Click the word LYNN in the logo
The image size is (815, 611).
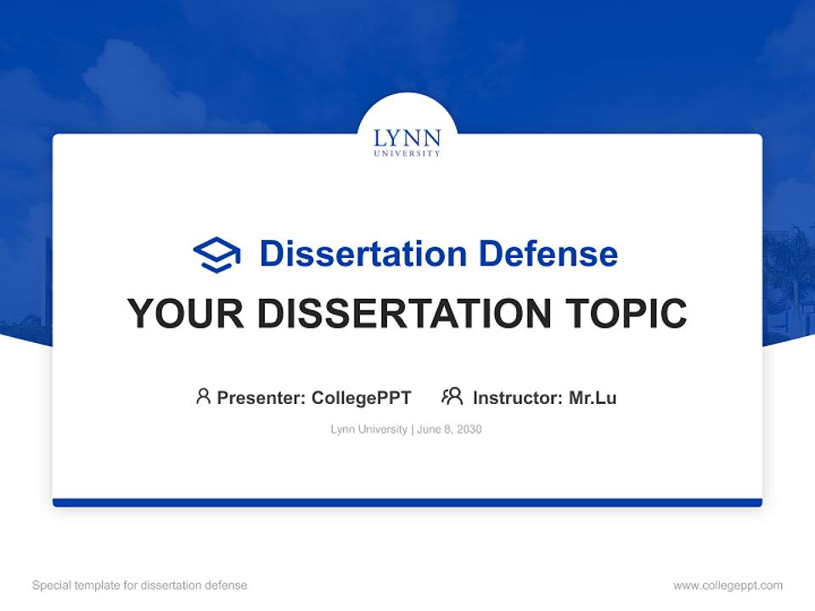pyautogui.click(x=407, y=138)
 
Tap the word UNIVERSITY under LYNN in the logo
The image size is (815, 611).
pyautogui.click(x=407, y=154)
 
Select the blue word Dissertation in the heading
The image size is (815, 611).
pyautogui.click(x=363, y=254)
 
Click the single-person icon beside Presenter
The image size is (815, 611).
pyautogui.click(x=203, y=396)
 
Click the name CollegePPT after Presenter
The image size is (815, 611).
pyautogui.click(x=362, y=397)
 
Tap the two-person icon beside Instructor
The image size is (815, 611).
pyautogui.click(x=452, y=396)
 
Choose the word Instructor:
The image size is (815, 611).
pyautogui.click(x=518, y=397)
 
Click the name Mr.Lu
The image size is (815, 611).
pyautogui.click(x=593, y=397)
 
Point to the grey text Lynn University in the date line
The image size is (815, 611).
pyautogui.click(x=369, y=429)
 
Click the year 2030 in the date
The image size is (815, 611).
pyautogui.click(x=469, y=429)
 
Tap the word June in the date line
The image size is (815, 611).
pyautogui.click(x=430, y=429)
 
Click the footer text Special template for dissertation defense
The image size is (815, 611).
pyautogui.click(x=140, y=586)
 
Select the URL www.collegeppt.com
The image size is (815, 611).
pyautogui.click(x=728, y=586)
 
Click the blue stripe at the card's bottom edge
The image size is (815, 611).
pyautogui.click(x=407, y=502)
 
